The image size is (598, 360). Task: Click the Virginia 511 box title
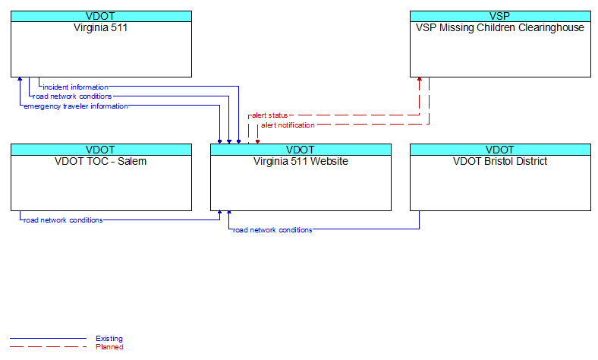[100, 28]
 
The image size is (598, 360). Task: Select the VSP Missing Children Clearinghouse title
[500, 28]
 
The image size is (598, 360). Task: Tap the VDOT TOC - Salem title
[101, 162]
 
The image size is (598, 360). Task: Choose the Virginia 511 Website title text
[301, 162]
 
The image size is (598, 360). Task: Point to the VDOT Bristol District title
[500, 162]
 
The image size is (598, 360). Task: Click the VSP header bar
[500, 17]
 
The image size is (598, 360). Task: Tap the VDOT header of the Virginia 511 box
[101, 17]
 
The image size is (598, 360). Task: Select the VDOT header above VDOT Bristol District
[500, 150]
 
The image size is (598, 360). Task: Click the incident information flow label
[76, 87]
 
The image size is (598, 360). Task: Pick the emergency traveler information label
[76, 106]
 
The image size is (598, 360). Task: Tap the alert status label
[269, 115]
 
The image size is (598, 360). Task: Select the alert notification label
[288, 125]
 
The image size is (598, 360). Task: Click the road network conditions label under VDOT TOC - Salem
[63, 220]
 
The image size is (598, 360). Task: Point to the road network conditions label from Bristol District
[272, 230]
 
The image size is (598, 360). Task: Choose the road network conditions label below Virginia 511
[72, 96]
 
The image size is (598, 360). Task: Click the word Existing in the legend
[109, 339]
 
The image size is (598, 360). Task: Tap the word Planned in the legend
[109, 347]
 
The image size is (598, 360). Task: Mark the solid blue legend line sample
[48, 338]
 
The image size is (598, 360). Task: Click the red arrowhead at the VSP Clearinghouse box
[420, 79]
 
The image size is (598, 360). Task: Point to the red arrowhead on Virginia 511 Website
[257, 141]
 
